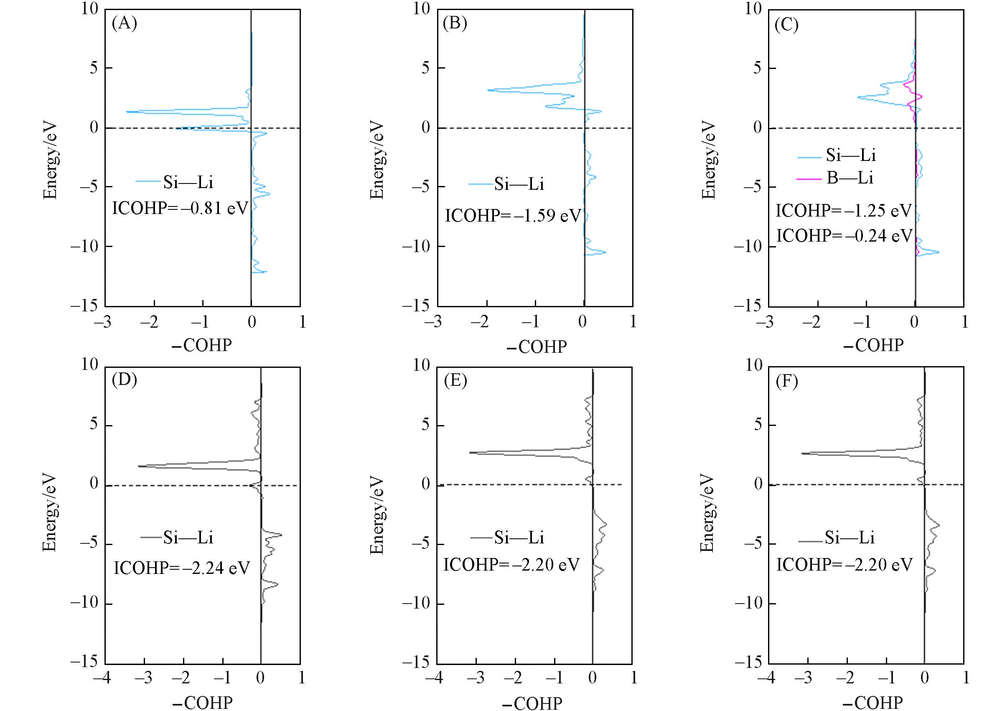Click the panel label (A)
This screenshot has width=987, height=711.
pyautogui.click(x=125, y=23)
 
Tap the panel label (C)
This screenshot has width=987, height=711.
pyautogui.click(x=786, y=25)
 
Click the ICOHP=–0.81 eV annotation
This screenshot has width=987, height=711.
pyautogui.click(x=180, y=208)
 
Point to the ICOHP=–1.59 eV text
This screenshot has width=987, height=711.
pyautogui.click(x=513, y=216)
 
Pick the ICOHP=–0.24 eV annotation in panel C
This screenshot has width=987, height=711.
pyautogui.click(x=844, y=236)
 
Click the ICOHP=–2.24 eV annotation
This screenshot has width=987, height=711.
pyautogui.click(x=181, y=568)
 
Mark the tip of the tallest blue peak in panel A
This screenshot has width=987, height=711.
pyautogui.click(x=127, y=112)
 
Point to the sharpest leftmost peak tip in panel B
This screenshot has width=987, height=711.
pyautogui.click(x=488, y=90)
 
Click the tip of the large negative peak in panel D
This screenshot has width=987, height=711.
pyautogui.click(x=138, y=466)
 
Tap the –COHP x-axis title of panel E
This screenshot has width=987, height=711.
pyautogui.click(x=532, y=703)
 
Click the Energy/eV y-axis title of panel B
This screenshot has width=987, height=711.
pyautogui.click(x=377, y=160)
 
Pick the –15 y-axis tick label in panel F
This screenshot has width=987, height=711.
pyautogui.click(x=748, y=662)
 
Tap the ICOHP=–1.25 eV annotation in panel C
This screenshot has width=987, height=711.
pyautogui.click(x=843, y=211)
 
